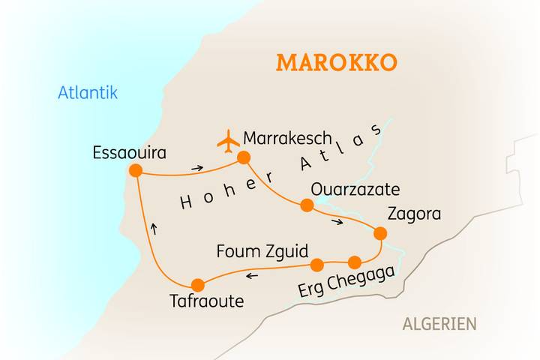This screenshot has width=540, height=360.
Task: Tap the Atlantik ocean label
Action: point(88,92)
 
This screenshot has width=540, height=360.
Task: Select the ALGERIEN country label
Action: point(439,324)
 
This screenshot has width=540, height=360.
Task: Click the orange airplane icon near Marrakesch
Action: point(226,140)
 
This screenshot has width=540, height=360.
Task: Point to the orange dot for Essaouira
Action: point(136,171)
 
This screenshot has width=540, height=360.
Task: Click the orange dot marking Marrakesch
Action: point(243,157)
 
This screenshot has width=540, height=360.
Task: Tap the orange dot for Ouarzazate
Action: point(306,205)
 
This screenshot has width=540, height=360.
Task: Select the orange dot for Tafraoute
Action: point(198,285)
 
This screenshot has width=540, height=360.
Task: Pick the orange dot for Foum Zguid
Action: point(316,264)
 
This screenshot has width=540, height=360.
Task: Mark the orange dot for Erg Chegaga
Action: point(355,262)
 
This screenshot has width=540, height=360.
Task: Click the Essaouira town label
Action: point(129,152)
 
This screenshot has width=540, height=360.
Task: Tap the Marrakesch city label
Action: point(288,139)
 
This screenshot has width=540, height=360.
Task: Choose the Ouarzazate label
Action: point(355,188)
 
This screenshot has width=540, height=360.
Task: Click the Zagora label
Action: point(414,214)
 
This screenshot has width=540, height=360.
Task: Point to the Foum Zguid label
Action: point(262,250)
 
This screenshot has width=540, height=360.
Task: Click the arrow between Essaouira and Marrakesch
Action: point(196,168)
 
